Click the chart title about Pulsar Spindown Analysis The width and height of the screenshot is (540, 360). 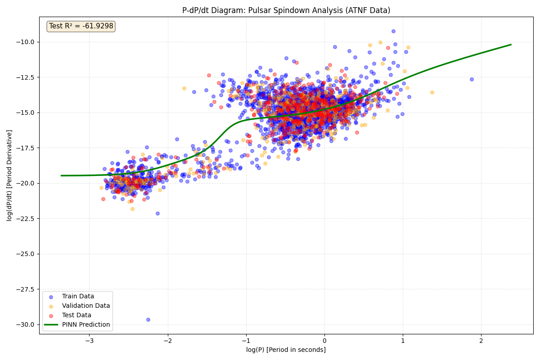[286, 10]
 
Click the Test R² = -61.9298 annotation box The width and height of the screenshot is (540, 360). [81, 26]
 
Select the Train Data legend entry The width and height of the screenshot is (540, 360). [77, 296]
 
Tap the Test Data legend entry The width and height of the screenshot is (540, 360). [76, 315]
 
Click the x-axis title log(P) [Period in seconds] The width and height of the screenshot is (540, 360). [286, 350]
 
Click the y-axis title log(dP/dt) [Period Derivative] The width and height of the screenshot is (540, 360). [9, 175]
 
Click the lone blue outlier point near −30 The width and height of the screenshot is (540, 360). [148, 319]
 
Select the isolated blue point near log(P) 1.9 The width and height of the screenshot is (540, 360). [472, 79]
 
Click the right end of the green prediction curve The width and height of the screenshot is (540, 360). [511, 45]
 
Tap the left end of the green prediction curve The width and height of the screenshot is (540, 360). [62, 175]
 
